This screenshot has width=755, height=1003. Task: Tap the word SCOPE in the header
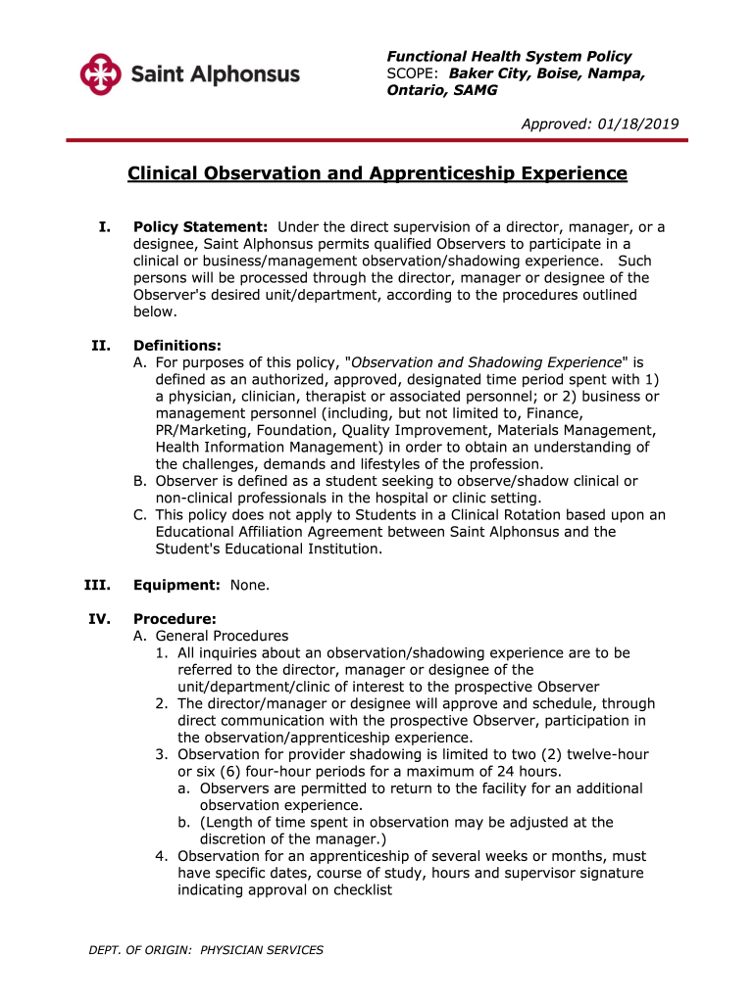(x=413, y=73)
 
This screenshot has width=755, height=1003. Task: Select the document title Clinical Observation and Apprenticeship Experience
(x=377, y=173)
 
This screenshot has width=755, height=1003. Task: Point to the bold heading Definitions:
(x=176, y=345)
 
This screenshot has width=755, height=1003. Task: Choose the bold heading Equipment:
(x=176, y=585)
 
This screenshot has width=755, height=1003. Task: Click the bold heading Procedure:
(x=175, y=619)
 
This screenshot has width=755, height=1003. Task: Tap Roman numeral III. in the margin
(x=97, y=585)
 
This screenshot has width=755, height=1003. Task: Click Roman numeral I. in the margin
(x=104, y=227)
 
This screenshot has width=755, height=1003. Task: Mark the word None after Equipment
(x=249, y=585)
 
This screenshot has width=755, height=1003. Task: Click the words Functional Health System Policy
(x=509, y=56)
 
